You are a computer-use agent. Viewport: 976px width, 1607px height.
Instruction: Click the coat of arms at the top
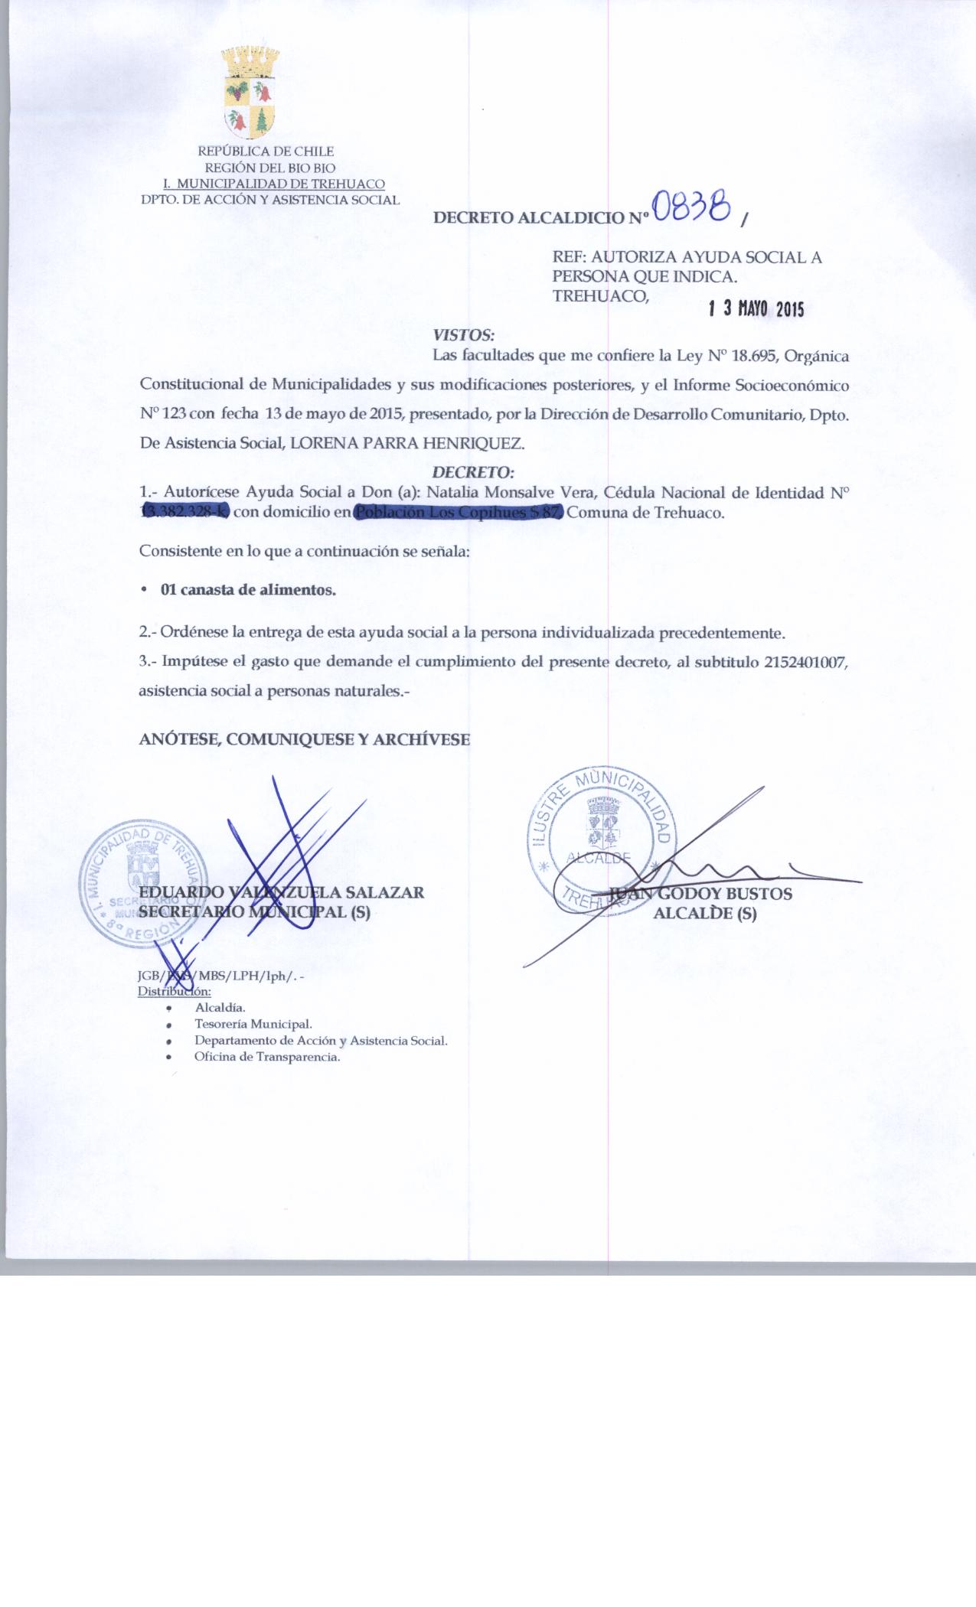click(250, 91)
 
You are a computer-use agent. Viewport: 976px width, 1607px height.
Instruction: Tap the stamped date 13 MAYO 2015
click(756, 308)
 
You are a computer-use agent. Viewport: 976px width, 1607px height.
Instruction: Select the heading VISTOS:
click(464, 335)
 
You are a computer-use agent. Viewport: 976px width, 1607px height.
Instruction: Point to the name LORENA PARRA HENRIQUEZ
click(403, 442)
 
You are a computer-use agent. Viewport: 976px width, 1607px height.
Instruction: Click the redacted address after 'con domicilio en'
click(458, 512)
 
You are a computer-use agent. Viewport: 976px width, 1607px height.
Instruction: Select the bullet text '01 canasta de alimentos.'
click(248, 590)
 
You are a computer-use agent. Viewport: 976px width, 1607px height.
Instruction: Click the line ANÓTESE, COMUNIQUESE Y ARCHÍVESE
click(305, 739)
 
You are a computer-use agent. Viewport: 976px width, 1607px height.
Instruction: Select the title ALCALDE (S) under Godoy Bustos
click(704, 913)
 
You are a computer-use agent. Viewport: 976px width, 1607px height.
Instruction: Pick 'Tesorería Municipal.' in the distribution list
click(253, 1024)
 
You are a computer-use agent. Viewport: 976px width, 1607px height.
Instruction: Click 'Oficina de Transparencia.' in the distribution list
click(267, 1057)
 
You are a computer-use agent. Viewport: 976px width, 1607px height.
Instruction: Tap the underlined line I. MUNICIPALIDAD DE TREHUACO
click(274, 184)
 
